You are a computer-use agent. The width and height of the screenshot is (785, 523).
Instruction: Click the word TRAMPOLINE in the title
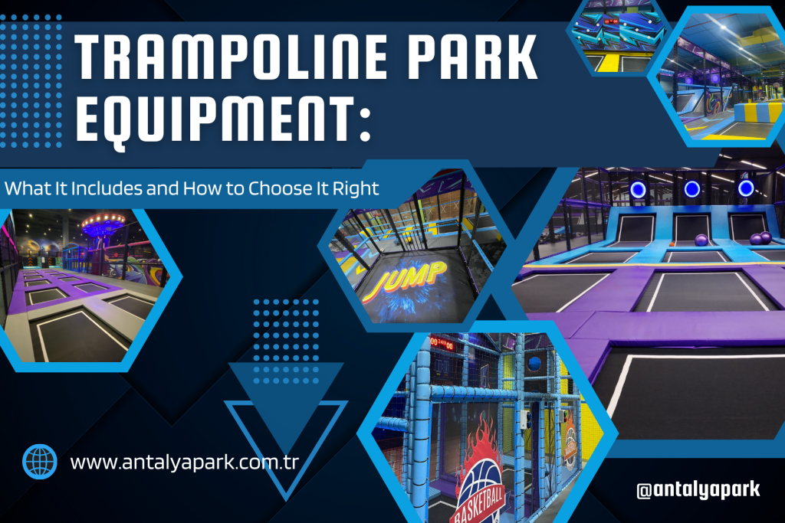(x=230, y=57)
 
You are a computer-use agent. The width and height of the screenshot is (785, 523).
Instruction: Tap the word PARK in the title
(x=472, y=57)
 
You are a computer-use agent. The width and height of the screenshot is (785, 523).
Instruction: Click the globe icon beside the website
(x=40, y=462)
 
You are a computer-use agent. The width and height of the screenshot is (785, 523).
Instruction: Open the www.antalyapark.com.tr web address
(x=184, y=463)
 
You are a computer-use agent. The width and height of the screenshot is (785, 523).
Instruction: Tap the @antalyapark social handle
(x=698, y=489)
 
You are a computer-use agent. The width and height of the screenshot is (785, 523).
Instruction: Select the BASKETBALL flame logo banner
(x=478, y=475)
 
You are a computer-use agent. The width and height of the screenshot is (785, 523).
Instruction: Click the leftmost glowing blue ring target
(x=638, y=189)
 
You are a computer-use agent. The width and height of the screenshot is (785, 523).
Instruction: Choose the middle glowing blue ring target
(x=692, y=189)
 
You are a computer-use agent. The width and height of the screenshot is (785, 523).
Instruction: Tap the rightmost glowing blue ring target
(x=746, y=188)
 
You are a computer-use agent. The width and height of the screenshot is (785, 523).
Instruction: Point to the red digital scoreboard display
(x=442, y=344)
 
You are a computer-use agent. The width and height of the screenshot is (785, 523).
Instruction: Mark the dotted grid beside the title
(x=31, y=81)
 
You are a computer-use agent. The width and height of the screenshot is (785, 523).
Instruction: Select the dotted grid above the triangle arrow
(x=286, y=342)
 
